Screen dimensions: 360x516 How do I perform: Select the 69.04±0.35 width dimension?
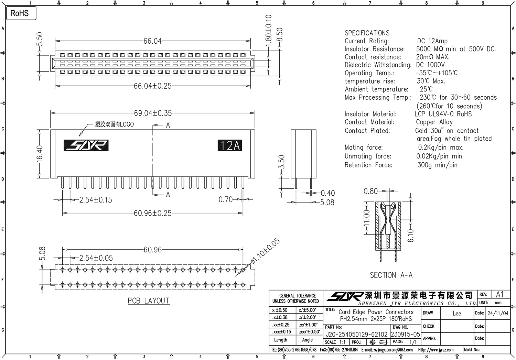click(x=153, y=113)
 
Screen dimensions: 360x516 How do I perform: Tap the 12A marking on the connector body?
click(x=230, y=145)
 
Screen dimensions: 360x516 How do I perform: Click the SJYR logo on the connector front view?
click(x=86, y=145)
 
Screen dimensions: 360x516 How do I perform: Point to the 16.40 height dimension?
click(x=40, y=153)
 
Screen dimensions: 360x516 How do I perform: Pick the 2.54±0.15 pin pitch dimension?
click(x=95, y=200)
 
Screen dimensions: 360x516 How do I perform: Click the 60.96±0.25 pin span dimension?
click(x=153, y=213)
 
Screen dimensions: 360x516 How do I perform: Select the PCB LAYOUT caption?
click(x=149, y=301)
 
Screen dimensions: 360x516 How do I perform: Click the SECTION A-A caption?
click(x=391, y=275)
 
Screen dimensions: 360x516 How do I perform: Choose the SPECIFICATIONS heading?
click(x=367, y=33)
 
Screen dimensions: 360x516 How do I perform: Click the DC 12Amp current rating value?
click(x=432, y=41)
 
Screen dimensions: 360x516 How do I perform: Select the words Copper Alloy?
click(x=434, y=122)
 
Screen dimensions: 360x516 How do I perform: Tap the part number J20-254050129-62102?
click(x=356, y=334)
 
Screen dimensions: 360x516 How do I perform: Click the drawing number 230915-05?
click(x=405, y=334)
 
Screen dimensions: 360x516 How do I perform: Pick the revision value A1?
click(x=499, y=294)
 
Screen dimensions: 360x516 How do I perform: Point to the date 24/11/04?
click(x=498, y=313)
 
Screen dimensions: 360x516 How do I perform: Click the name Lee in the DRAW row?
click(x=456, y=313)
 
